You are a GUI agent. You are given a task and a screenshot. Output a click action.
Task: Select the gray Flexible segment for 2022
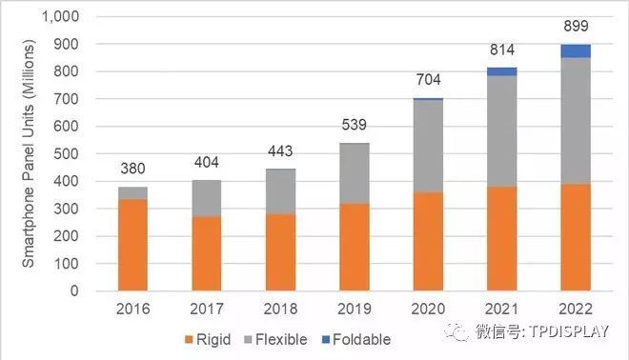[x=575, y=121]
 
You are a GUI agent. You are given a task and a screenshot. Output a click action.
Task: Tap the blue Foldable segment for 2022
[x=575, y=50]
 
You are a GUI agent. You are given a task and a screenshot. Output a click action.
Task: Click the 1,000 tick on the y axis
[x=61, y=16]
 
